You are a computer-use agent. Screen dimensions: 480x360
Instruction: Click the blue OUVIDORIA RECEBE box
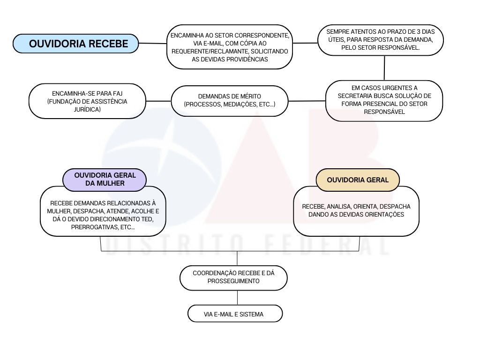coord(75,44)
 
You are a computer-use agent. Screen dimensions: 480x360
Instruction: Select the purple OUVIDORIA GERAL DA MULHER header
coord(105,180)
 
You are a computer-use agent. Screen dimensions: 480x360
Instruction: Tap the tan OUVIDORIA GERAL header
coord(358,180)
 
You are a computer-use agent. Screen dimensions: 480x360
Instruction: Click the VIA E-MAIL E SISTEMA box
coord(235,314)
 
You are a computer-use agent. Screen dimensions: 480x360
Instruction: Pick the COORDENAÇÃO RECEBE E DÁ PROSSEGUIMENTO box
coord(233,277)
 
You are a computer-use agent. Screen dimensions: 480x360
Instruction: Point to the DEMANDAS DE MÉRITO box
coord(230,101)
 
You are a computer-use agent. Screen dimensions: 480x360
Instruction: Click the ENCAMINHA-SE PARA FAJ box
coord(87,101)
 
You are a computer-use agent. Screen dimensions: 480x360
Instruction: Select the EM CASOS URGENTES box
coord(384,101)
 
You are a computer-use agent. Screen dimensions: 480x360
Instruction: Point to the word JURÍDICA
coord(87,109)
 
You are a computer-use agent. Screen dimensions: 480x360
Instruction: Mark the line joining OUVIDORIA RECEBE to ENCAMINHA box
coord(153,44)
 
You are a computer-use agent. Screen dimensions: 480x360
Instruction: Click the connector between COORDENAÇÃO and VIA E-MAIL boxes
coord(237,298)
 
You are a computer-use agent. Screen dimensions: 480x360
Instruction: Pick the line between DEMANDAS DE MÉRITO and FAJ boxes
coord(158,101)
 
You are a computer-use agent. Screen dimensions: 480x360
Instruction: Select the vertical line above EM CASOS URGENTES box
coord(384,68)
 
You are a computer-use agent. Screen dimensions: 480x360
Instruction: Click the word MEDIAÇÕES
coord(240,105)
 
